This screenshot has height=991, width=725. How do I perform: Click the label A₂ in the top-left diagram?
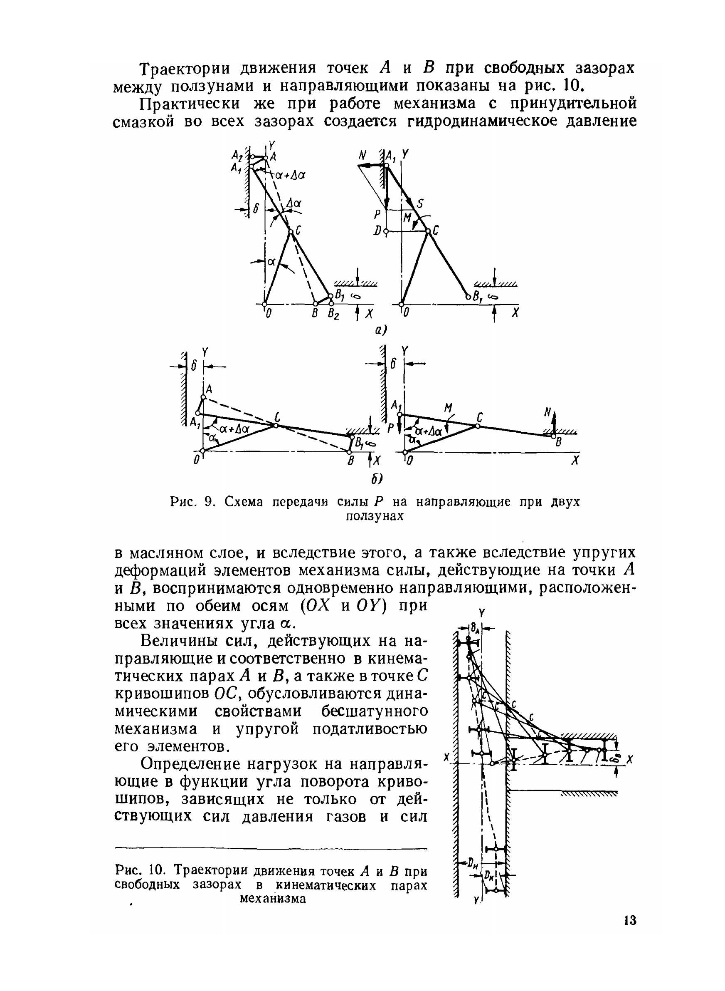coord(237,155)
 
